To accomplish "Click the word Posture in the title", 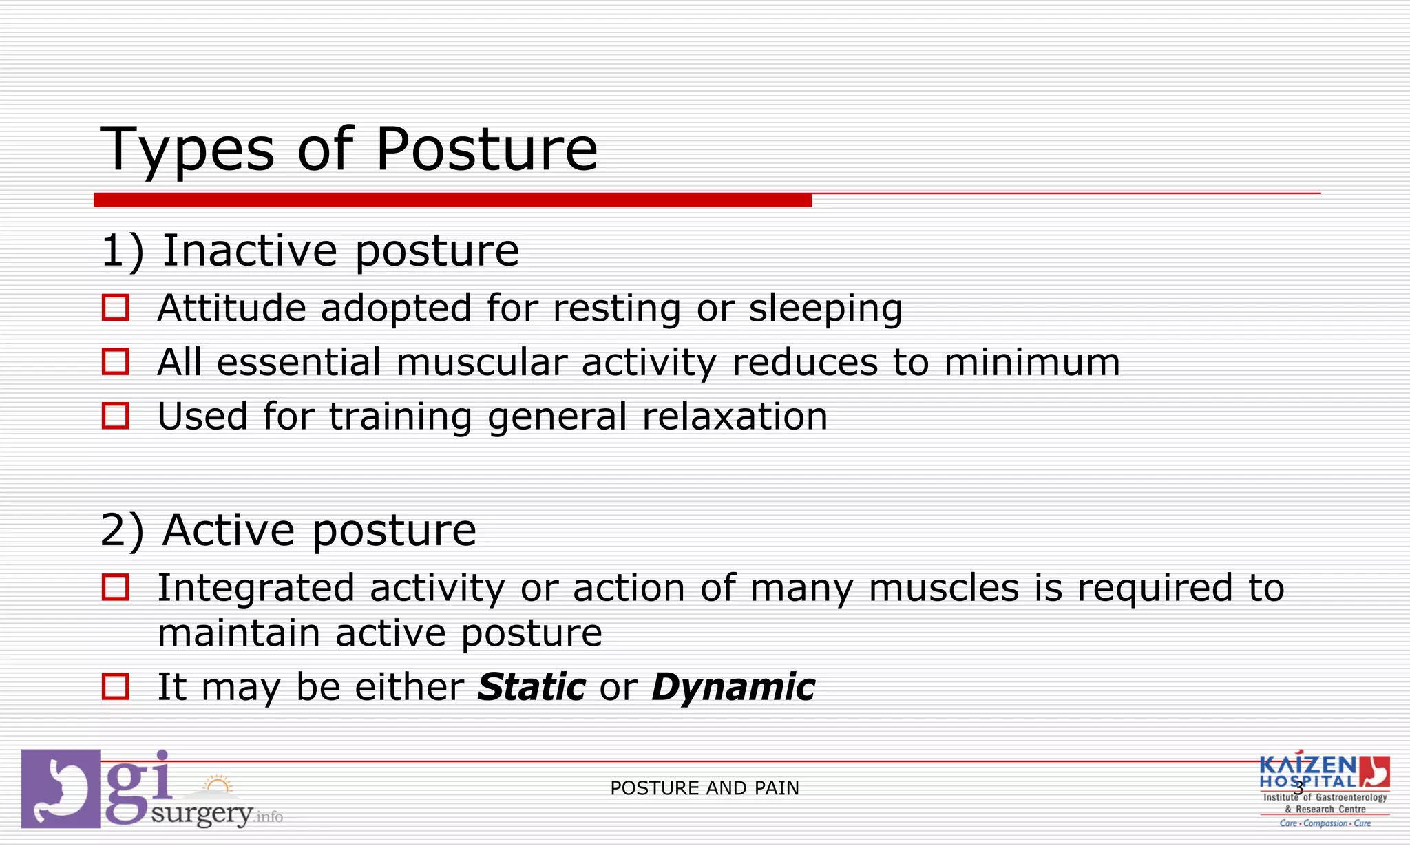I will click(486, 149).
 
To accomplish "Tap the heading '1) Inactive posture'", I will click(310, 251).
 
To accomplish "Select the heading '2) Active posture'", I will click(288, 531).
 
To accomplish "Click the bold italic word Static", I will click(531, 687).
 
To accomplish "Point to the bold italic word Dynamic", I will click(733, 687).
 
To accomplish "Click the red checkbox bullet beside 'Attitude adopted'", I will click(115, 307).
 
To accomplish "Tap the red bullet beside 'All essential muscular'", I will click(115, 361).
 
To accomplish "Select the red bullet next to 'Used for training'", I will click(115, 416).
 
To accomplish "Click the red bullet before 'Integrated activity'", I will click(115, 587).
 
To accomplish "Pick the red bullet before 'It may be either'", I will click(115, 686).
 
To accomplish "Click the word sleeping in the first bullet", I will click(825, 308).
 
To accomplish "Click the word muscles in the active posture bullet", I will click(943, 589).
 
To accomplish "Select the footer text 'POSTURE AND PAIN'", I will click(704, 788).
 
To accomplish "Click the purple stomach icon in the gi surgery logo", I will click(61, 789).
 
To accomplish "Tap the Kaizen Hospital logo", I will click(1323, 790).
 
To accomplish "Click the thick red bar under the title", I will click(452, 200).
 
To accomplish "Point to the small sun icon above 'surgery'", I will click(218, 785).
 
